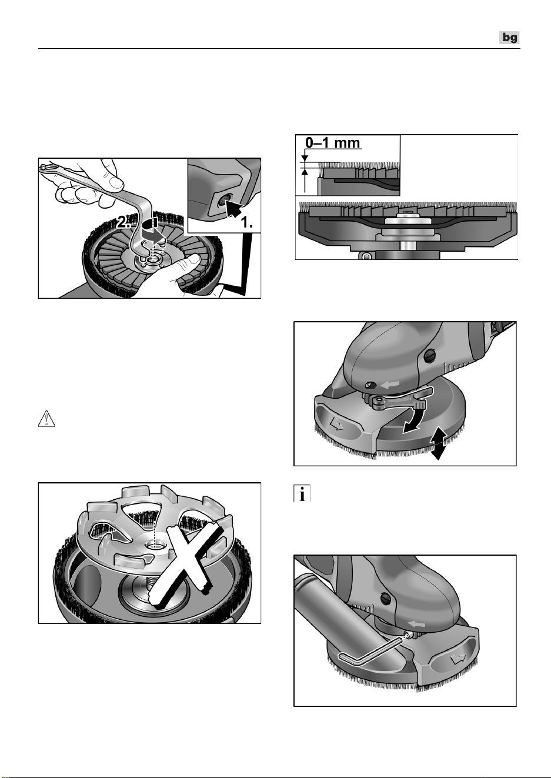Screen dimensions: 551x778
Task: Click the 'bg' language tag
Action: click(x=509, y=37)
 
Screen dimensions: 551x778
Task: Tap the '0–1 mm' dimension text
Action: click(x=333, y=143)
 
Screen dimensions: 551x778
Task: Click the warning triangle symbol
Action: click(x=46, y=418)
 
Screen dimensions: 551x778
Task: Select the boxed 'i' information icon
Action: click(x=302, y=493)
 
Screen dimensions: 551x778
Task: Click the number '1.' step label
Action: click(x=246, y=222)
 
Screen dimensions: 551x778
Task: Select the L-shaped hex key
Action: click(x=372, y=652)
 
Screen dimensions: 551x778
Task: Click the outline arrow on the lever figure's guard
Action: click(x=336, y=424)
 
